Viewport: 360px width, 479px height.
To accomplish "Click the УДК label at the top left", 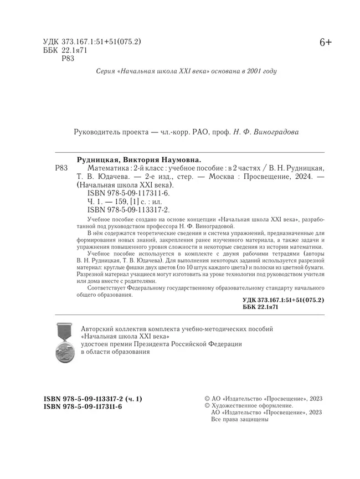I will (52, 42).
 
